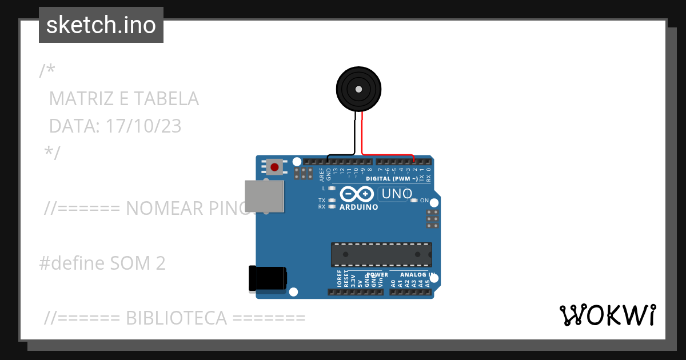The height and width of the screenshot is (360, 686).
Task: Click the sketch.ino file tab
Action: click(x=101, y=25)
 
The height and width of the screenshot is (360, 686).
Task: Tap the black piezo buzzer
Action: click(x=358, y=89)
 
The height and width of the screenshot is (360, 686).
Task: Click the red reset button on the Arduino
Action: click(x=275, y=167)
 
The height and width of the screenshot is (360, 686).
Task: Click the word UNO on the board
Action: click(x=397, y=194)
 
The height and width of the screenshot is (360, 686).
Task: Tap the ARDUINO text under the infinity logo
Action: click(x=358, y=207)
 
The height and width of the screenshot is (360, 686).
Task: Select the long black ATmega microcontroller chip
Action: click(x=381, y=254)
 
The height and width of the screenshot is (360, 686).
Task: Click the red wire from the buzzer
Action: click(x=389, y=154)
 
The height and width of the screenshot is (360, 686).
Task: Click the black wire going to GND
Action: click(x=343, y=155)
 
